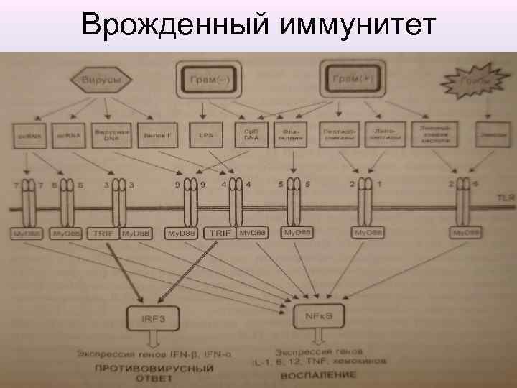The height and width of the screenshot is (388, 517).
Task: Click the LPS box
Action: tap(203, 134)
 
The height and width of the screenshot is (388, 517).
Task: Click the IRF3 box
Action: tap(149, 314)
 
